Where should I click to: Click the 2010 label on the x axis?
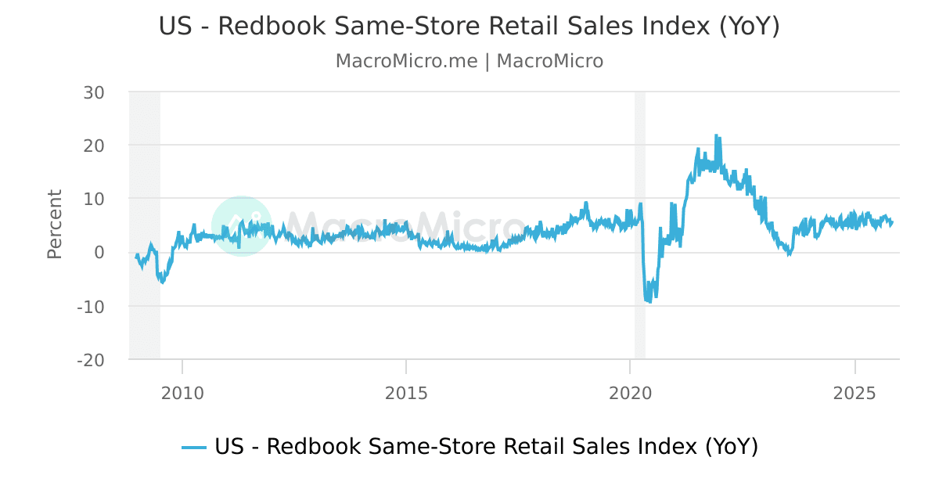(x=182, y=391)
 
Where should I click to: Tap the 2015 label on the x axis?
(x=406, y=391)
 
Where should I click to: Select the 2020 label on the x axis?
(x=631, y=391)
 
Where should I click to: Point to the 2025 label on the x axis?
(x=854, y=391)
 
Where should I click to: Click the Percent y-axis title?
(x=54, y=224)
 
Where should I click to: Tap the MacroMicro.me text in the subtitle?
(x=406, y=61)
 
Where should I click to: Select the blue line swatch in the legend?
(x=194, y=448)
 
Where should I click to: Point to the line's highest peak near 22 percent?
(x=716, y=136)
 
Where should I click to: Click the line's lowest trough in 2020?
(x=649, y=302)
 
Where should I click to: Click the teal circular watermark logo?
(x=242, y=225)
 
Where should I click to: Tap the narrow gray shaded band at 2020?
(x=639, y=225)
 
